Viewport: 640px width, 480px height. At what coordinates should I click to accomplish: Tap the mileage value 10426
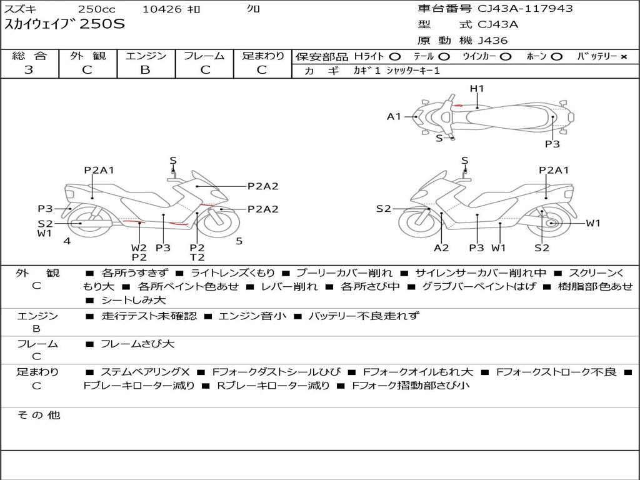tap(162, 9)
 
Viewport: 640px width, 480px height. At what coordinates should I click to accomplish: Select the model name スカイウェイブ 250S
tap(65, 25)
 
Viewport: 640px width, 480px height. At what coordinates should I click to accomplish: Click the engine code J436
tap(492, 41)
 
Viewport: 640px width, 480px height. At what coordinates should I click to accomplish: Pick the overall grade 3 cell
tap(29, 70)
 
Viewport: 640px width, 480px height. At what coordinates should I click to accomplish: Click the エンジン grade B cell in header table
tap(145, 70)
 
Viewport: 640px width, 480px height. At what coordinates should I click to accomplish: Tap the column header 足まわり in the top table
tap(262, 56)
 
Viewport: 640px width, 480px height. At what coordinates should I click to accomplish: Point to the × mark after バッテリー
tap(623, 57)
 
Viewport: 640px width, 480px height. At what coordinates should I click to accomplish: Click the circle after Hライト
tap(395, 57)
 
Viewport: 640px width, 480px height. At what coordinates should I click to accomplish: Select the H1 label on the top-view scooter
tap(477, 89)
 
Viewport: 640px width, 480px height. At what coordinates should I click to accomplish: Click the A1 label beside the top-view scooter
tap(394, 116)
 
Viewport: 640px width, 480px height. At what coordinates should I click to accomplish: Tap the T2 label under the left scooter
tap(197, 257)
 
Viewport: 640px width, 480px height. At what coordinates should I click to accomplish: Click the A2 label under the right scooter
tap(441, 248)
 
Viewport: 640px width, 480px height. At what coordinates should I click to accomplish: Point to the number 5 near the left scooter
tap(239, 241)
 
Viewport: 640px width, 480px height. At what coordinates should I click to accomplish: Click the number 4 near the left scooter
tap(67, 241)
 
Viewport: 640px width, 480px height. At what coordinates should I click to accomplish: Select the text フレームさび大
tap(137, 344)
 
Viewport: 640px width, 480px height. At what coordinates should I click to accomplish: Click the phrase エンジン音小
tap(252, 316)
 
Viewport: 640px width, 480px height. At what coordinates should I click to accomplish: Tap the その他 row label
tap(38, 415)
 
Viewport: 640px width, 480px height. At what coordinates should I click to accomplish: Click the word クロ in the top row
tap(253, 9)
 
